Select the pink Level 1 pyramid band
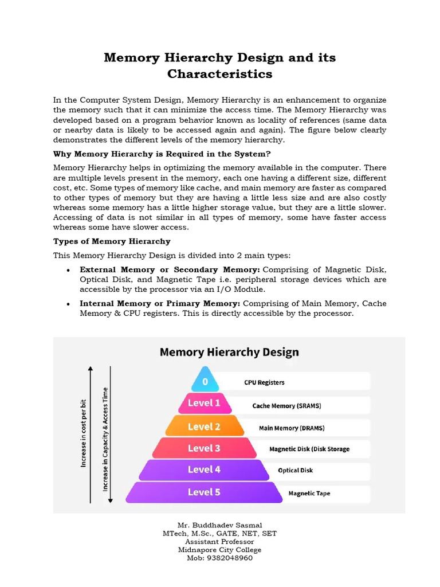point(204,404)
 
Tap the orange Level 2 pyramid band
point(204,426)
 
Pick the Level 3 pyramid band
point(204,448)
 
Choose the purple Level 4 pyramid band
point(204,469)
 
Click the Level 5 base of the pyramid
point(204,492)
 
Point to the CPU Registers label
point(264,382)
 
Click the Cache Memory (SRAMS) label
point(286,406)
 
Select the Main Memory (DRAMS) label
point(287,428)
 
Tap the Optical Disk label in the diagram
point(295,471)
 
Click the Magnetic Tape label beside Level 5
point(309,493)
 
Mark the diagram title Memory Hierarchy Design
point(229,352)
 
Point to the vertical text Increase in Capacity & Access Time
point(105,439)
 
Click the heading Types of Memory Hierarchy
point(112,241)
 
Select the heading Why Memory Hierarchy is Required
point(162,154)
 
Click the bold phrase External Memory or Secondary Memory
point(170,269)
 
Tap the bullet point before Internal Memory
point(69,304)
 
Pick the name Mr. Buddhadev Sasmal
point(219,525)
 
